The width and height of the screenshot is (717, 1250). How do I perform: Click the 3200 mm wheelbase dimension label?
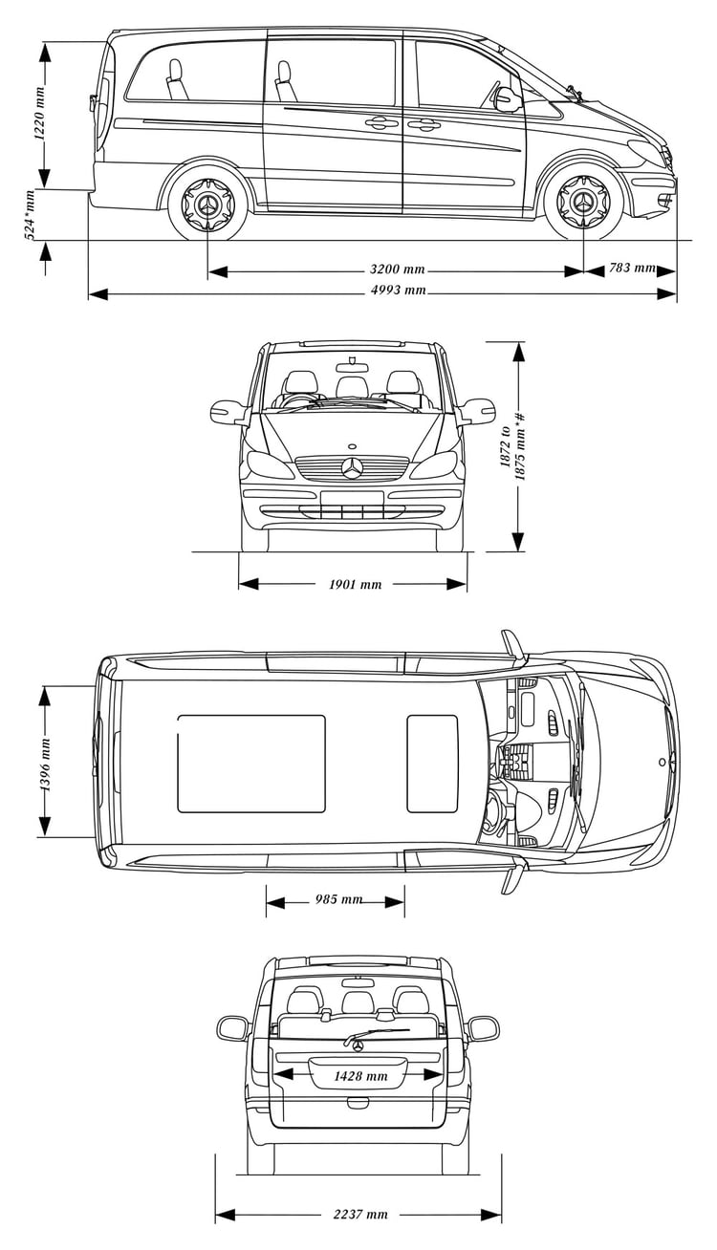[397, 269]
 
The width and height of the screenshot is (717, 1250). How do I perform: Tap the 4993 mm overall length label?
[398, 291]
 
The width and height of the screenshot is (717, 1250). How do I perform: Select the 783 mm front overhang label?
[632, 268]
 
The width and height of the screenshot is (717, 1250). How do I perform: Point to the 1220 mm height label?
[39, 114]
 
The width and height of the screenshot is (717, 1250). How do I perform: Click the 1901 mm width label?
[355, 584]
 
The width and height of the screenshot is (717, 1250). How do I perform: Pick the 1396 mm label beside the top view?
[45, 765]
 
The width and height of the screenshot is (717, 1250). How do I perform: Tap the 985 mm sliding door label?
[338, 899]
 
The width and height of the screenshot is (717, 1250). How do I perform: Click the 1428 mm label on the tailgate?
[360, 1075]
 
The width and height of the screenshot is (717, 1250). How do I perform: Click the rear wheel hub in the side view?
[208, 204]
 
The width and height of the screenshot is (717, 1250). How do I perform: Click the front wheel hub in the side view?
[583, 202]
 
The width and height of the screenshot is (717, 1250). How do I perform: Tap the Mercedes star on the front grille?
[352, 467]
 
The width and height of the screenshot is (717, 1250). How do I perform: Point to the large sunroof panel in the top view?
[251, 764]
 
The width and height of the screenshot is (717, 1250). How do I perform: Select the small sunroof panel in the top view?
[433, 764]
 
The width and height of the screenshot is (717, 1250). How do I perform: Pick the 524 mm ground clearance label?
[29, 215]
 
